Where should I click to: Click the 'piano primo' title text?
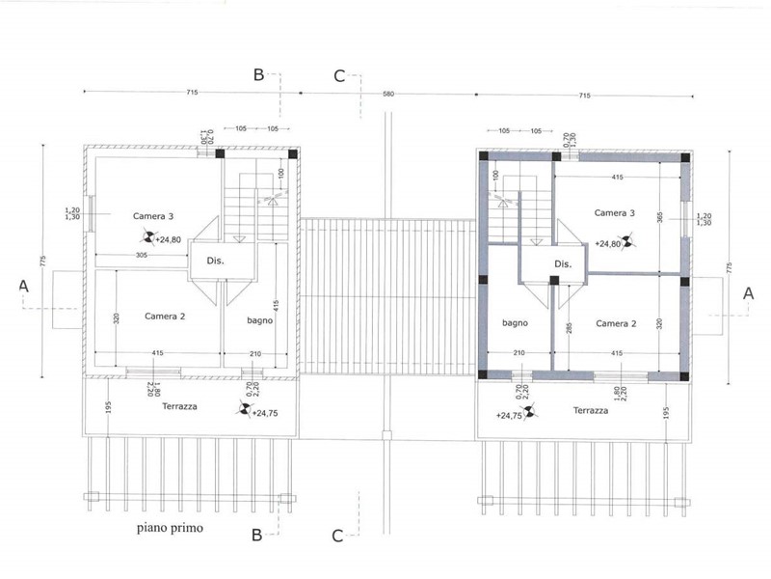pos(170,528)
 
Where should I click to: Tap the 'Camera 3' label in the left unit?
pos(153,216)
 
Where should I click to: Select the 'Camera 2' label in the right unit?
pos(616,323)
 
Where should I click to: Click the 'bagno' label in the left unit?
pos(259,320)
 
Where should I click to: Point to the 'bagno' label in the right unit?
pos(515,323)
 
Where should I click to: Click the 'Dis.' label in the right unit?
pos(563,263)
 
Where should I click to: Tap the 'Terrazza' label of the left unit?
pos(179,406)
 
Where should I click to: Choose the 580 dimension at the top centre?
pos(388,94)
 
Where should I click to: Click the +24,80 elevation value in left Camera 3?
pos(168,239)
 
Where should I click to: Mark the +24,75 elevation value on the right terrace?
pos(509,416)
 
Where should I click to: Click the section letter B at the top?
pos(258,75)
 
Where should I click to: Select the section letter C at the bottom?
pos(337,536)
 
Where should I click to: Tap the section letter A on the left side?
pos(23,286)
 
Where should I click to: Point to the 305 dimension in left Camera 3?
pos(141,255)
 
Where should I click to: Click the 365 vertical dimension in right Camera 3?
pos(660,217)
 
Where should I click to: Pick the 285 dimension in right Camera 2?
pos(569,328)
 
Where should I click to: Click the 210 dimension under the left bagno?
pos(255,353)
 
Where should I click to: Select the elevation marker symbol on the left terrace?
pos(245,408)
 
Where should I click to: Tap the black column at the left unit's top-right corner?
pos(293,154)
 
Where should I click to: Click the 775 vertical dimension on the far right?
pos(730,268)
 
